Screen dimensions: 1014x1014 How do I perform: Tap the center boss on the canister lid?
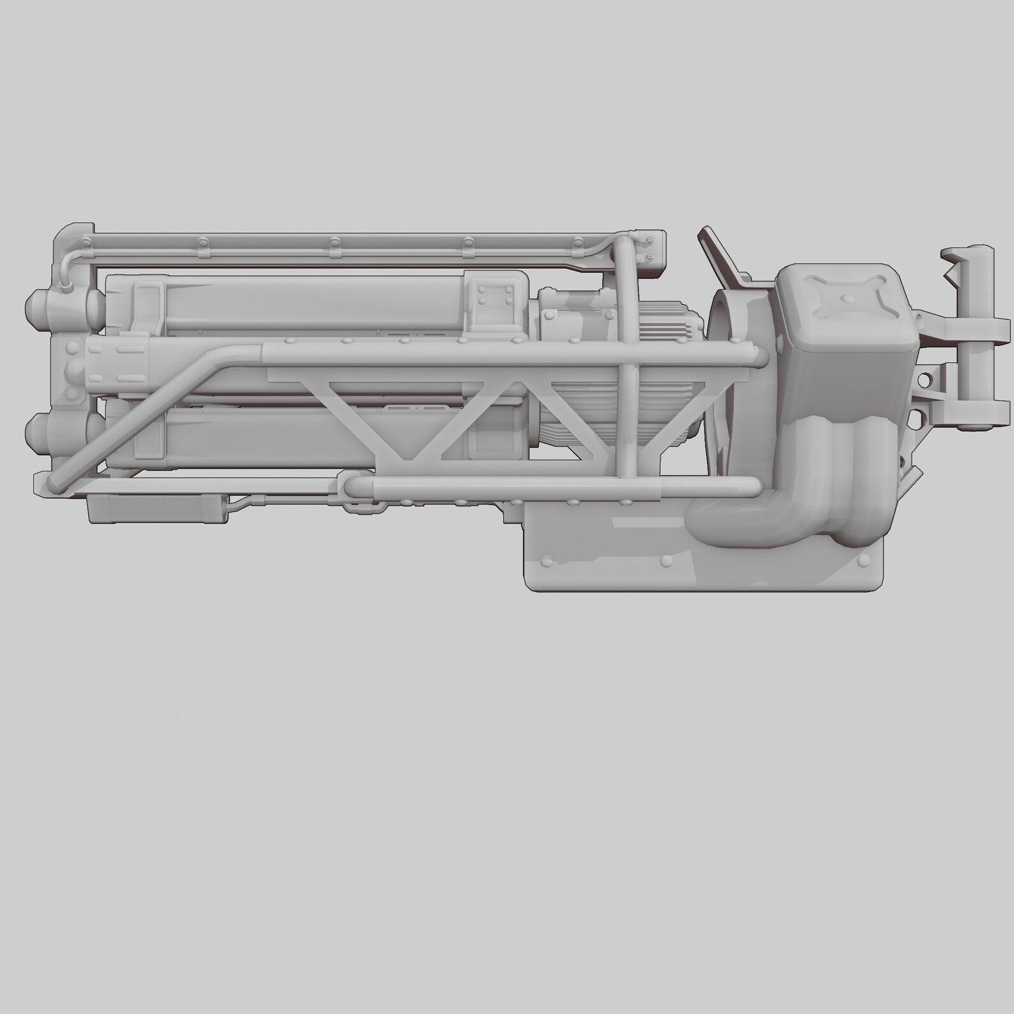click(x=847, y=298)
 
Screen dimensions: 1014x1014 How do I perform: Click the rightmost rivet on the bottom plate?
click(x=865, y=561)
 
